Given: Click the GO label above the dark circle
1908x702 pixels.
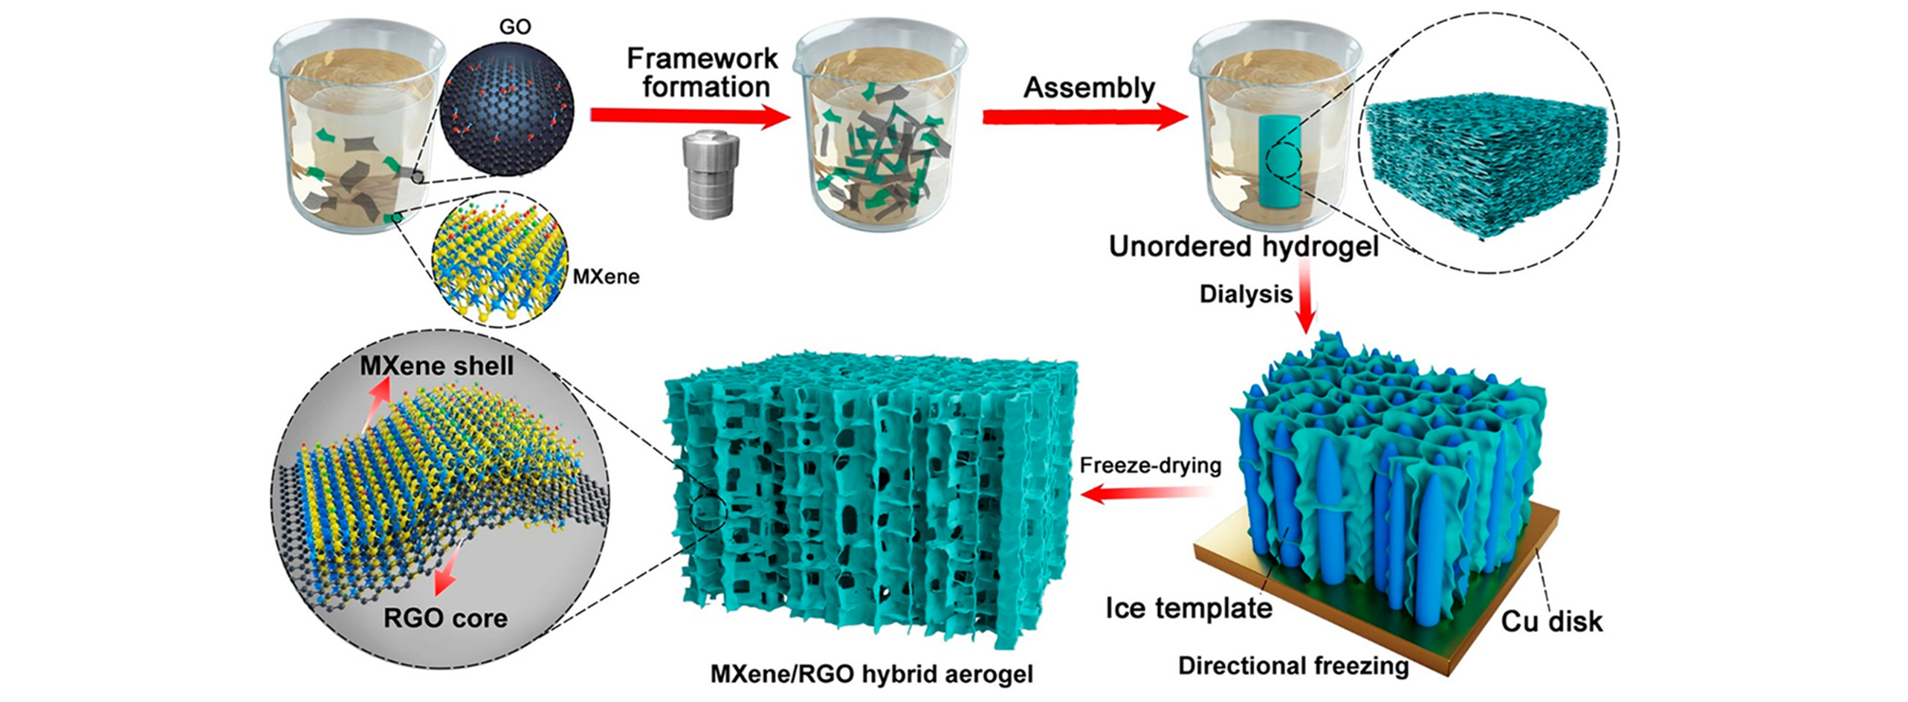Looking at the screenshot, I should (x=514, y=27).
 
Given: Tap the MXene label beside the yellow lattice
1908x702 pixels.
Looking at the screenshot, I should (x=606, y=277).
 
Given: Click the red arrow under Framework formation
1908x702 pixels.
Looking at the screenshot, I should (x=688, y=116).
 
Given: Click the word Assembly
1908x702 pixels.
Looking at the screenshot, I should (x=1089, y=88).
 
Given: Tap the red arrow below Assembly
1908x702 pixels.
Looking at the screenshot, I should (x=1084, y=118).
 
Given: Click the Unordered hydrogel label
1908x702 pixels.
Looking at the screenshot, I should (x=1244, y=247).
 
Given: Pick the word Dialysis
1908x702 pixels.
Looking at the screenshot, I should (x=1246, y=294).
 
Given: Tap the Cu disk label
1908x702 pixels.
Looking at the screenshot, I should (x=1551, y=621).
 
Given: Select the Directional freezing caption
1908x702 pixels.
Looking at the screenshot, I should (x=1293, y=666).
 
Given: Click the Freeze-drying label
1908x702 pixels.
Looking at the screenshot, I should (x=1150, y=466).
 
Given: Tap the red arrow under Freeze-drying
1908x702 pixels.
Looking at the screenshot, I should (x=1148, y=493).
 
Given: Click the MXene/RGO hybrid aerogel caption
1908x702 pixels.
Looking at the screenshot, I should (x=872, y=674).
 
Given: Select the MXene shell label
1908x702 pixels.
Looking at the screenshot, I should (x=436, y=365).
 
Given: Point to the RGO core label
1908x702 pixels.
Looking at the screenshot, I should (x=445, y=618).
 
